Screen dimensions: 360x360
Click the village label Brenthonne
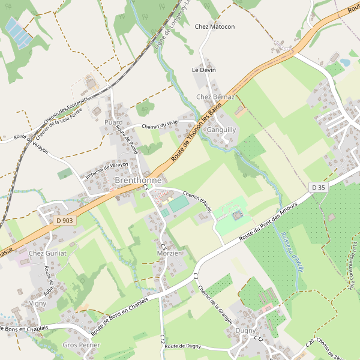[137, 180]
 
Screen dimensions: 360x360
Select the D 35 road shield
[318, 188]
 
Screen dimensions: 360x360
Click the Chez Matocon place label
[215, 27]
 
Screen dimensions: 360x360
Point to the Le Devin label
[203, 70]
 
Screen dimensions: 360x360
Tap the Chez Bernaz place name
[215, 97]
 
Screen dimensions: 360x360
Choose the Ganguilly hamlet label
[221, 130]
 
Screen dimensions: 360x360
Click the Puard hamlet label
[113, 122]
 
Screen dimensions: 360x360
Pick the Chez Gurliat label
[47, 254]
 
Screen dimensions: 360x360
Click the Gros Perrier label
[81, 346]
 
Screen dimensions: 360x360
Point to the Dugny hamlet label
[245, 331]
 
